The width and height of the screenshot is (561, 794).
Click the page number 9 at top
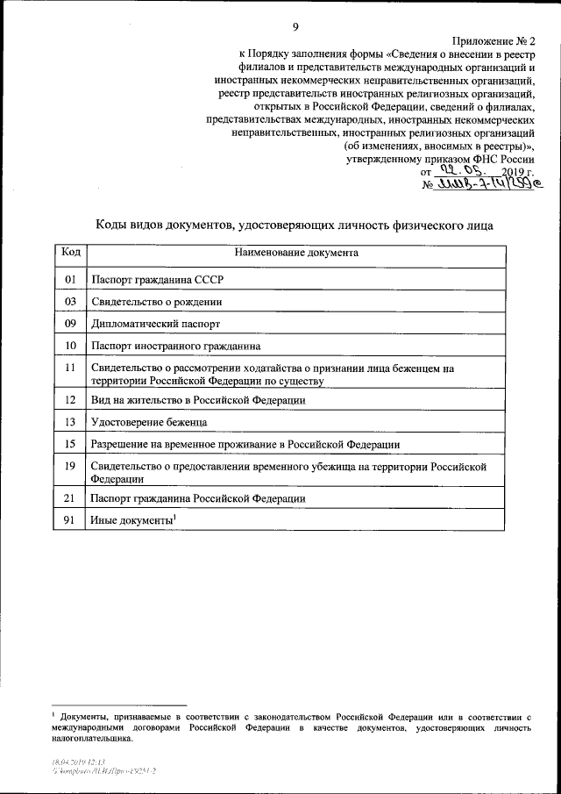[296, 25]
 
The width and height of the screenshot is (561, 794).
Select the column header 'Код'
[71, 253]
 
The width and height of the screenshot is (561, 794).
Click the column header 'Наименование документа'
[295, 253]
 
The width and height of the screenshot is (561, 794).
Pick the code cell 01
[71, 280]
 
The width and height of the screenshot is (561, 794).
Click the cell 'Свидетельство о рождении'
[156, 302]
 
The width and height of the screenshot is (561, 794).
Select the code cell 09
[71, 324]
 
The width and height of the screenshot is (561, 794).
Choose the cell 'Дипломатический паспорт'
[154, 324]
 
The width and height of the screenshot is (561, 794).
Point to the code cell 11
[71, 369]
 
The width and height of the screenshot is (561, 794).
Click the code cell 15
[71, 444]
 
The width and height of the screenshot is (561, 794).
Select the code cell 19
[71, 468]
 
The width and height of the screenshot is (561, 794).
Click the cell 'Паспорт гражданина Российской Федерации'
[198, 498]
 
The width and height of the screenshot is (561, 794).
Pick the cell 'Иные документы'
[131, 520]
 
